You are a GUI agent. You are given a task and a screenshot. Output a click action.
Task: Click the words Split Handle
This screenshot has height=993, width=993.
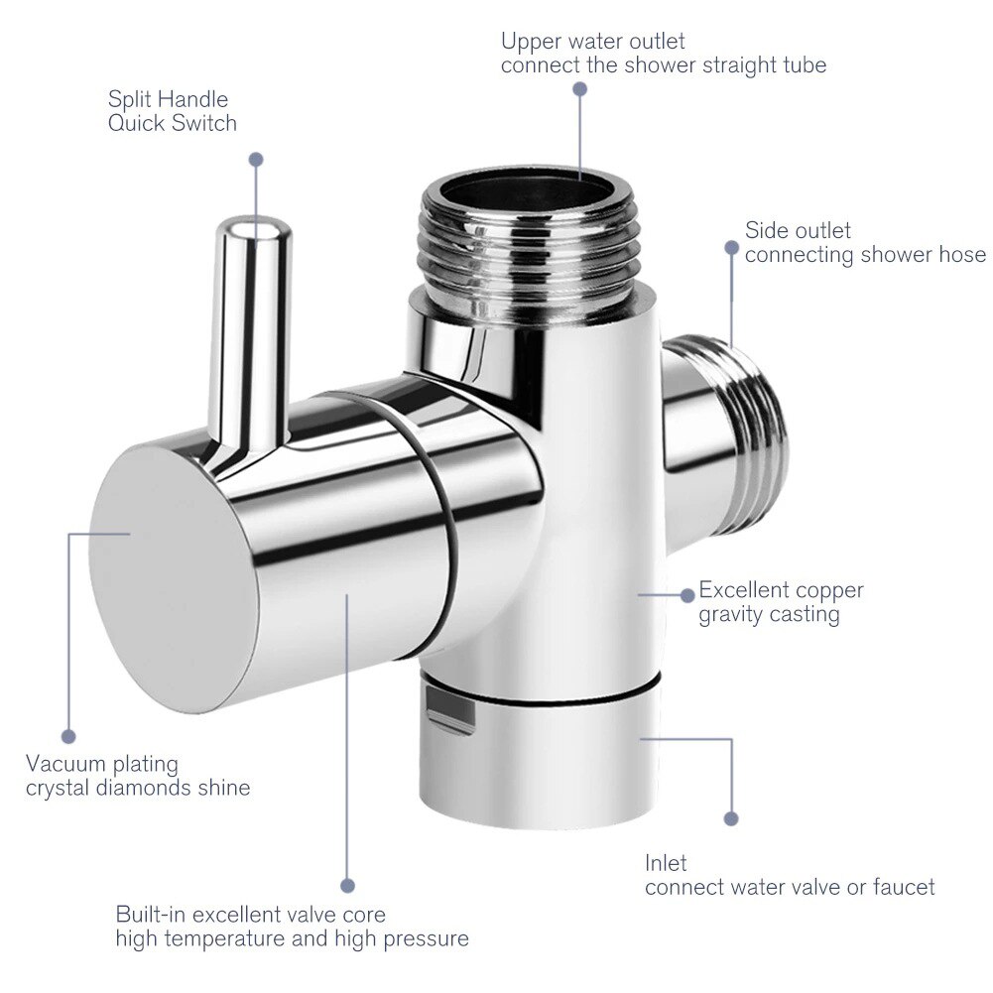click(x=168, y=100)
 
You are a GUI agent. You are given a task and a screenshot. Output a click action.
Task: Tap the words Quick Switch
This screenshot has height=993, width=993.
click(x=173, y=124)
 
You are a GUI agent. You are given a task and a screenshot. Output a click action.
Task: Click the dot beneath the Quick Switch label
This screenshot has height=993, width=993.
click(x=256, y=159)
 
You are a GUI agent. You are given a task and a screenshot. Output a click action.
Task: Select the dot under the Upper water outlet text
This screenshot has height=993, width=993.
click(x=580, y=88)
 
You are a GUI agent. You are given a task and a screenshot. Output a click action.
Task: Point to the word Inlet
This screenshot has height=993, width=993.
click(x=666, y=863)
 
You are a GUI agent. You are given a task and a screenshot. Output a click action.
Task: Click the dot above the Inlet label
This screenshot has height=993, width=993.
click(x=731, y=818)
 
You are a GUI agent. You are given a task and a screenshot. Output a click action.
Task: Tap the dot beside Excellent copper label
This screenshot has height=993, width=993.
click(x=686, y=595)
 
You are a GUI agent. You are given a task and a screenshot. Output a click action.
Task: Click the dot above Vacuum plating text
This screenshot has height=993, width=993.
click(x=68, y=736)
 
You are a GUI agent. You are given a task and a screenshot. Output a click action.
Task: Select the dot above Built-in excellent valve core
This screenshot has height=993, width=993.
click(x=347, y=885)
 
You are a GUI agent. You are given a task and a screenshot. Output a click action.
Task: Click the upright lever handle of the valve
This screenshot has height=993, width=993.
click(x=254, y=317)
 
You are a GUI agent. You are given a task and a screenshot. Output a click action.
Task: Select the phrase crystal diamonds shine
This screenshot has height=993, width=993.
click(x=138, y=789)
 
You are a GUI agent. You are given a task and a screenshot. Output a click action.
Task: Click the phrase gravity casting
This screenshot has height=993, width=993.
click(x=769, y=615)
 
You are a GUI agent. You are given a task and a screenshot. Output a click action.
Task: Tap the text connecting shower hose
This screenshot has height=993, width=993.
click(x=865, y=255)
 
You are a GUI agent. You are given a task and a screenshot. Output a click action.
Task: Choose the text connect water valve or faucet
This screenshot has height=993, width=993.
click(x=790, y=887)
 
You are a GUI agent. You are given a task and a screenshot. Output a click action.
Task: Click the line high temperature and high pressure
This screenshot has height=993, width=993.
click(x=292, y=938)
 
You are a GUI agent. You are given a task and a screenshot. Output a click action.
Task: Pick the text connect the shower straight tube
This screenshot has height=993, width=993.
click(x=663, y=66)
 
